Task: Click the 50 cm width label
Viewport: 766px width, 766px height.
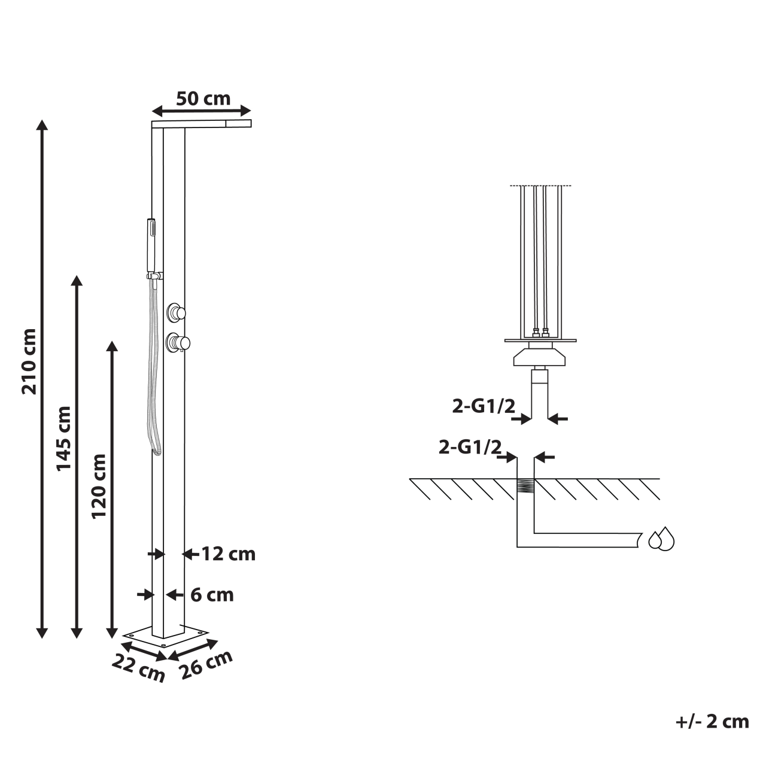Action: (203, 98)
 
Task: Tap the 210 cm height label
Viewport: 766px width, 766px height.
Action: (29, 361)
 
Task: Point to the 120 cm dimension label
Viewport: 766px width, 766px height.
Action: (99, 485)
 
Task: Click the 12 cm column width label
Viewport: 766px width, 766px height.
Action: (228, 554)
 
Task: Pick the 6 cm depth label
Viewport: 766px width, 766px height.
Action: (212, 595)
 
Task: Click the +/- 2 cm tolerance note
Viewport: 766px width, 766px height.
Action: (712, 721)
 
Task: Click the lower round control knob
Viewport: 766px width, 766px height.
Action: (177, 342)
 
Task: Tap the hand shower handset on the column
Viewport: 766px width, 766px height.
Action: (151, 245)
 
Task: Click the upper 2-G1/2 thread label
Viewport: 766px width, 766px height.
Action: (483, 406)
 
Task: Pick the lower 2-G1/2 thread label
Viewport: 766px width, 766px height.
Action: (469, 447)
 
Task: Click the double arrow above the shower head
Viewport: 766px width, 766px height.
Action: (201, 111)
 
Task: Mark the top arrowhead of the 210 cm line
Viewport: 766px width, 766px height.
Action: (41, 124)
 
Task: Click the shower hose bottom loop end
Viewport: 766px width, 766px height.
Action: (157, 450)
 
